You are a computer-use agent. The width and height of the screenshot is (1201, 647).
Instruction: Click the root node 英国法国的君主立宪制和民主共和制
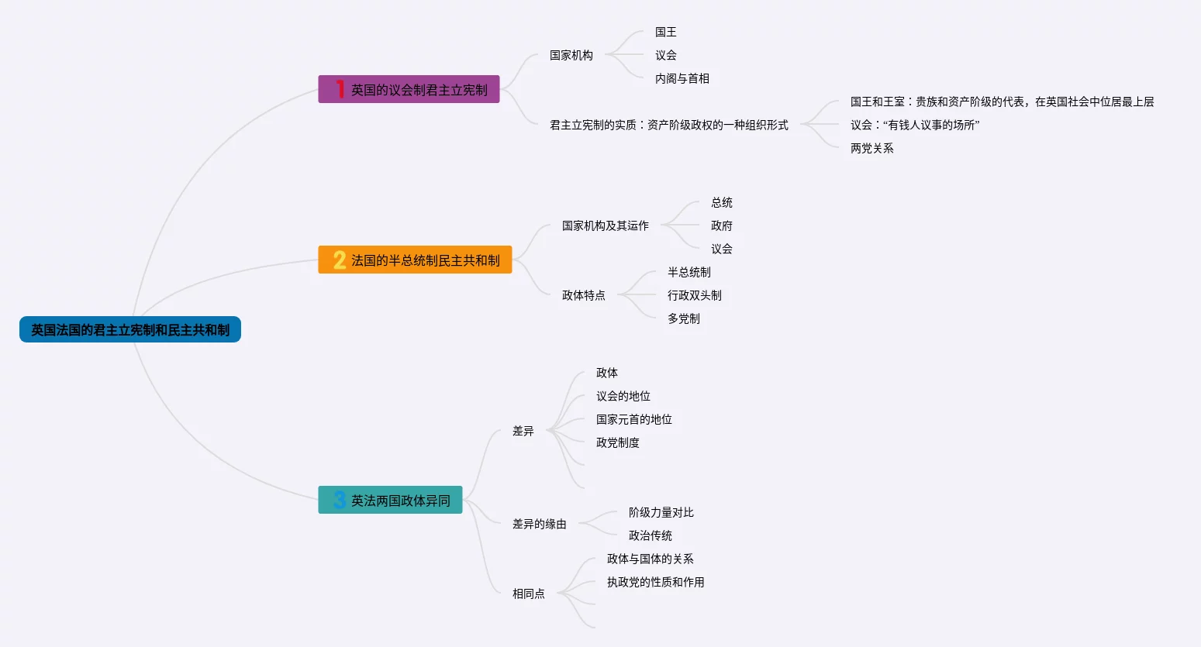pos(130,330)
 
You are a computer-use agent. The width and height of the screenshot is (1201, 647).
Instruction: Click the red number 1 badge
pos(340,89)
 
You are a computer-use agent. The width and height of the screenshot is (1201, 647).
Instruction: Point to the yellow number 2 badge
pos(340,260)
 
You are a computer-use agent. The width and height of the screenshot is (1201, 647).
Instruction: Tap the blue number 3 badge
pos(340,501)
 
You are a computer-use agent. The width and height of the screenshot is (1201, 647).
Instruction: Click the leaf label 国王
pos(665,32)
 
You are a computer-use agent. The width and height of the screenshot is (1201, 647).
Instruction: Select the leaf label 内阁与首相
pos(682,78)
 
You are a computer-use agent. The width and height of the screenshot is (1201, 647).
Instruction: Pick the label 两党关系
pos(871,148)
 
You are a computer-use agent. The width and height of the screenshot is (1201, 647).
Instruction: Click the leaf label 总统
pos(721,202)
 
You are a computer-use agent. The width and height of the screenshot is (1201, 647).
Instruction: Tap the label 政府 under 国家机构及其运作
pos(721,225)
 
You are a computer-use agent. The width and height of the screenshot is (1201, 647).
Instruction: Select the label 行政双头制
pos(694,295)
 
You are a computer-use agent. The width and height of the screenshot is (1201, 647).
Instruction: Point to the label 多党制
pos(683,318)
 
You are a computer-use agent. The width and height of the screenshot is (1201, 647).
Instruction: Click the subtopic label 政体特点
pos(583,295)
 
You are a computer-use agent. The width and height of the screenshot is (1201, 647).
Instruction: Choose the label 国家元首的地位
pos(633,419)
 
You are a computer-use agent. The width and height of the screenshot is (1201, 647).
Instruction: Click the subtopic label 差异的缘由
pos(539,524)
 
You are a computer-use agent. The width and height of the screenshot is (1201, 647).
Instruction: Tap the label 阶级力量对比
pos(661,512)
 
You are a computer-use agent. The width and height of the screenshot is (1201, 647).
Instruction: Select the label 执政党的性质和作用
pos(655,582)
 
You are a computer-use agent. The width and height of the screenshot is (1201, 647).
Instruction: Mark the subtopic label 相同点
pos(528,594)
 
